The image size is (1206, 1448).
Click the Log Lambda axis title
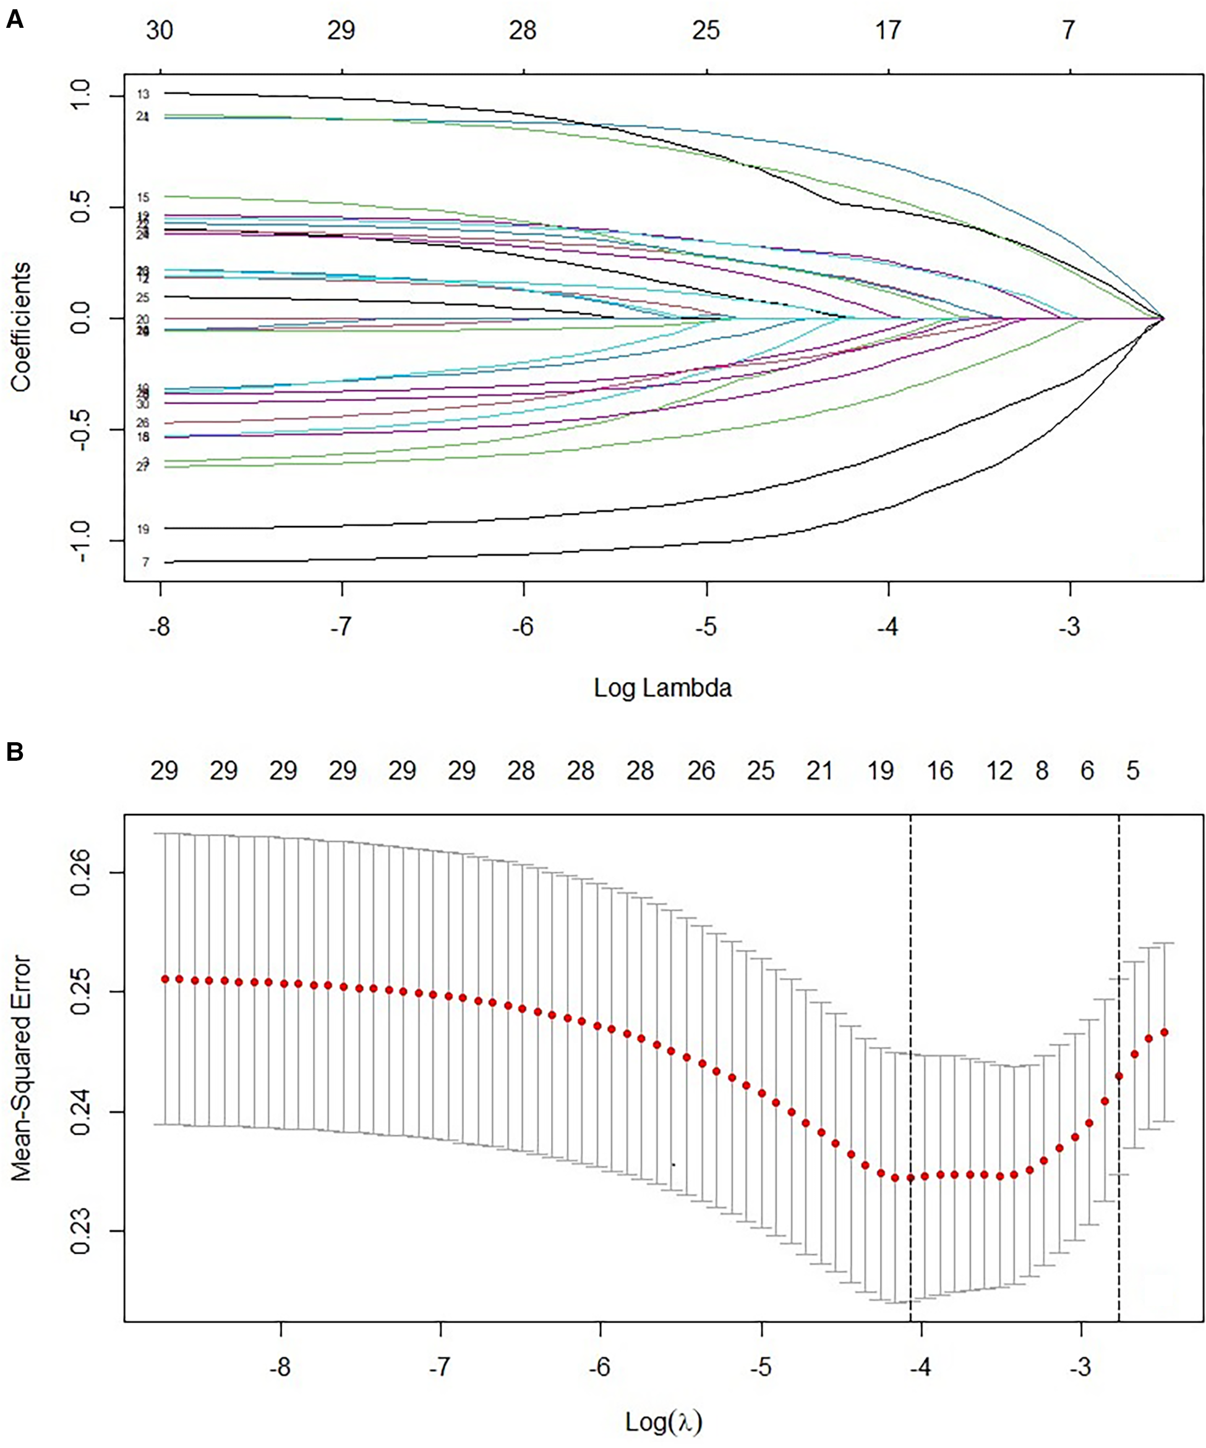point(662,687)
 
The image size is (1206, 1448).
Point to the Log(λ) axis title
point(662,1422)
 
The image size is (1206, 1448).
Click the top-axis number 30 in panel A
point(160,30)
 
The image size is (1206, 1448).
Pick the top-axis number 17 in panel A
point(888,30)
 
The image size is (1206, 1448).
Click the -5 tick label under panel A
point(706,628)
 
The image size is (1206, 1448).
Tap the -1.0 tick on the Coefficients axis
point(81,541)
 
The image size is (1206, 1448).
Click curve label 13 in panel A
point(143,94)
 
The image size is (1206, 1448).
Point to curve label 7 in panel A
point(145,562)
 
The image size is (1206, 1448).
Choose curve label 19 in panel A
point(143,530)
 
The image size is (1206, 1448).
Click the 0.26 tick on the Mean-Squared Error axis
point(81,872)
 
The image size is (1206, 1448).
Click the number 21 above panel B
point(819,771)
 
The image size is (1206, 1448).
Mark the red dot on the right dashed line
point(1119,1076)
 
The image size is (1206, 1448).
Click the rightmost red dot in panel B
point(1164,1032)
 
